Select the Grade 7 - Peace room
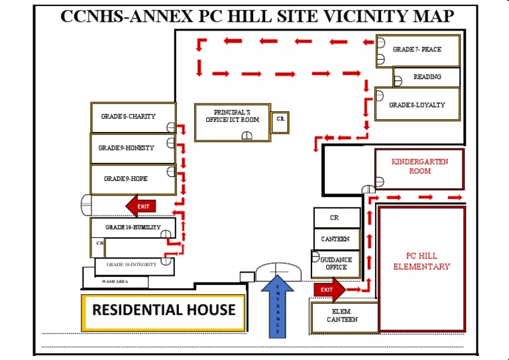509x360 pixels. tap(418, 50)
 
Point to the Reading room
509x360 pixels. tap(427, 78)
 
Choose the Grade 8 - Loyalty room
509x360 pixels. tap(418, 105)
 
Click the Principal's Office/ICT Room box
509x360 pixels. tap(233, 122)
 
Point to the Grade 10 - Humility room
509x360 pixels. tap(133, 227)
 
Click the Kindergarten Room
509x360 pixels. tap(419, 168)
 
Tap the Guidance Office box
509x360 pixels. tap(336, 264)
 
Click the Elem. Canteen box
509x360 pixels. tap(344, 317)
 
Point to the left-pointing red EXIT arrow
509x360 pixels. tap(141, 206)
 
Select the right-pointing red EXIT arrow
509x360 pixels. tap(329, 290)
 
